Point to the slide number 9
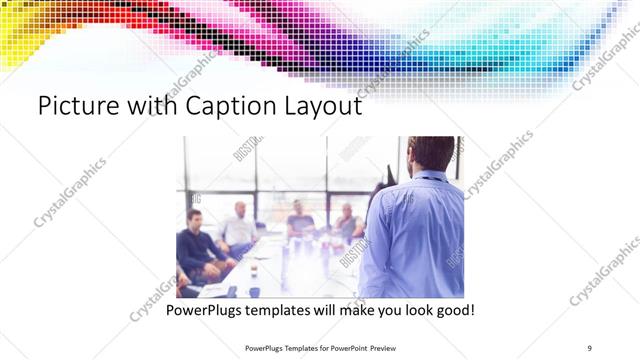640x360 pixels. click(589, 347)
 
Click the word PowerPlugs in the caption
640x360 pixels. click(205, 310)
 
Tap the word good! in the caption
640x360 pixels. click(454, 310)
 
